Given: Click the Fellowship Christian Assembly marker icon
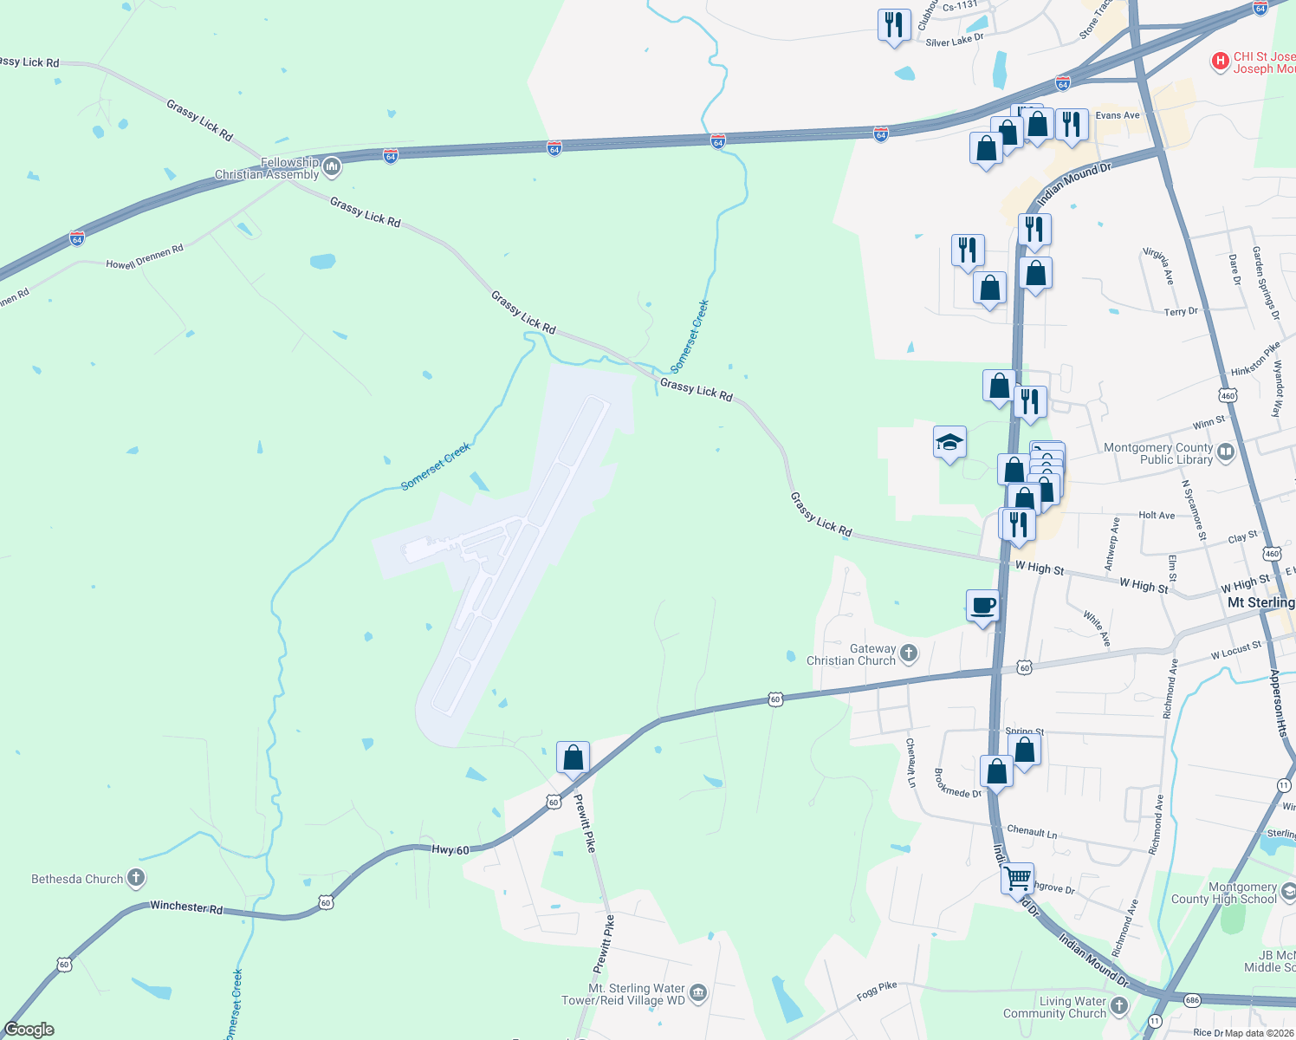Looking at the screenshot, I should coord(332,166).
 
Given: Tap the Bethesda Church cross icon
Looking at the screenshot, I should coord(136,878).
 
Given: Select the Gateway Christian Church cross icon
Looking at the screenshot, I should coord(909,653).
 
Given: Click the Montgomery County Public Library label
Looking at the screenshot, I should coord(1157,453).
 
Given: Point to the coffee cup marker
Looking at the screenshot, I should coord(982,605).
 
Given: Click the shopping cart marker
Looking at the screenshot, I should coord(1017,877).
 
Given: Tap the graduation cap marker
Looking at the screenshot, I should coord(949,442).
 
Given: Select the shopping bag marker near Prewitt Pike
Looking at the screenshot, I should coord(573,757).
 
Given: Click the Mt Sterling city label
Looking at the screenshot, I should coord(1260,602).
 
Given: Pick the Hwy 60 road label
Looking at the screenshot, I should coord(450,850).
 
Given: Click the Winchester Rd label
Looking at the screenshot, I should coord(186,907).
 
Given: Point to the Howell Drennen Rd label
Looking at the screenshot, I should coord(145,257).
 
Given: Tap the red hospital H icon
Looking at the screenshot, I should coord(1220,61).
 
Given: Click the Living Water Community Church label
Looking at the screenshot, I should coord(1054,1007).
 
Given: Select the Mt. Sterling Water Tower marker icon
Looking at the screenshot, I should coord(698,992).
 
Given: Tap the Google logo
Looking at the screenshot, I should coord(29,1030).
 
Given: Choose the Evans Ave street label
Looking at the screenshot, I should coord(1118,115).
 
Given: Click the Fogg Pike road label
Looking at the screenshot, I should coord(877,991).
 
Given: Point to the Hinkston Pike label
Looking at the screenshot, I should coord(1255,359).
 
